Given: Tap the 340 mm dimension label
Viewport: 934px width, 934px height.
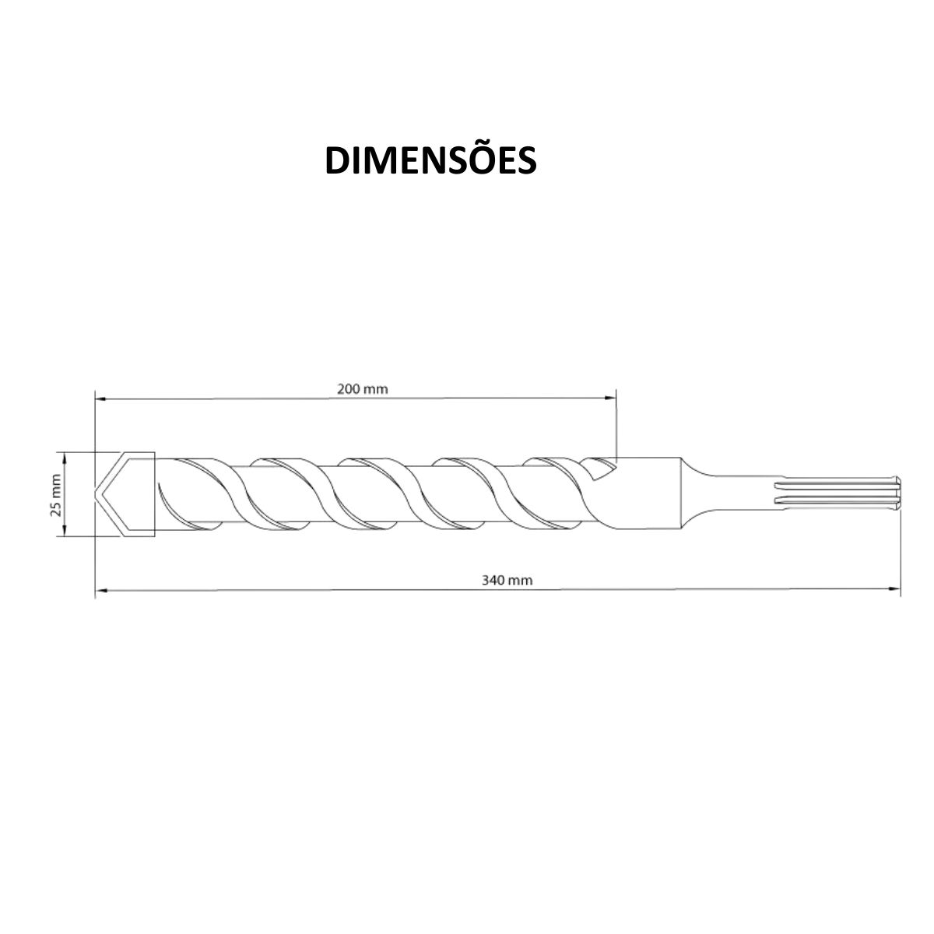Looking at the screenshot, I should pos(507,580).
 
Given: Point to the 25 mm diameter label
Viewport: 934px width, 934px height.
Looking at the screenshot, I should pos(55,495).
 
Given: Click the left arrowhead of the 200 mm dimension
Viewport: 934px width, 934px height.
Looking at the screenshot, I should pos(100,399).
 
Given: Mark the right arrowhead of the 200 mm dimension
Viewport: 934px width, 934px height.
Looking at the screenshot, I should pos(610,399).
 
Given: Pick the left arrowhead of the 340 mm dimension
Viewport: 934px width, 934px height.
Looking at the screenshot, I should pos(100,589).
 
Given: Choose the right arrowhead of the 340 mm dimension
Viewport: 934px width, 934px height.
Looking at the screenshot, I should pos(895,589).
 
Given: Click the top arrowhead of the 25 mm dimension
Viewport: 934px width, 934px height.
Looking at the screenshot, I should pos(65,457).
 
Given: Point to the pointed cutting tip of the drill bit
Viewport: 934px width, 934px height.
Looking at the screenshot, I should pos(99,495).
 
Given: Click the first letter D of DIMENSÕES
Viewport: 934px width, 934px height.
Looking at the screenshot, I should pos(337,160).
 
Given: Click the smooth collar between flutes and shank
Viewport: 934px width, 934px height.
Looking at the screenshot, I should pos(654,495).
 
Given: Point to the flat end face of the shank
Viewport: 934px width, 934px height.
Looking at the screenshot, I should pos(899,495).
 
